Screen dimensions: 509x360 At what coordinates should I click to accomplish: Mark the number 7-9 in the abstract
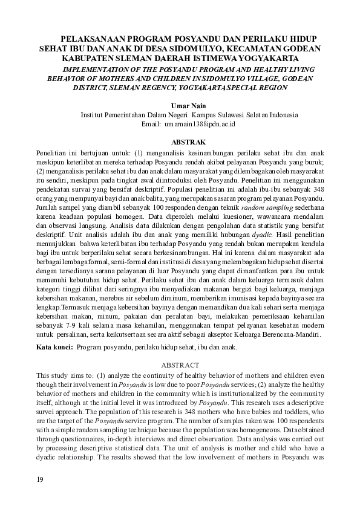click(75, 320)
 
